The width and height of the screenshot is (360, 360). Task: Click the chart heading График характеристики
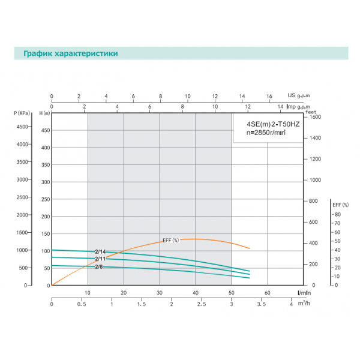(70, 53)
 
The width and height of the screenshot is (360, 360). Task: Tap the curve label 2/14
(100, 252)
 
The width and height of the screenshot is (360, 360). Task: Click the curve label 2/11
(100, 259)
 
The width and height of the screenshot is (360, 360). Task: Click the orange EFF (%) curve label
(170, 240)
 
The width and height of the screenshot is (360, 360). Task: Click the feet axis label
(310, 112)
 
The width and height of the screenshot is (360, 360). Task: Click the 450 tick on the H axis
(44, 127)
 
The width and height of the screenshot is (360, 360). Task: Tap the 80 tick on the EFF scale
(337, 214)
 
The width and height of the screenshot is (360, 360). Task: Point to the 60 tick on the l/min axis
(268, 293)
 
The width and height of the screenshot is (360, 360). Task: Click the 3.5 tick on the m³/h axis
(262, 305)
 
